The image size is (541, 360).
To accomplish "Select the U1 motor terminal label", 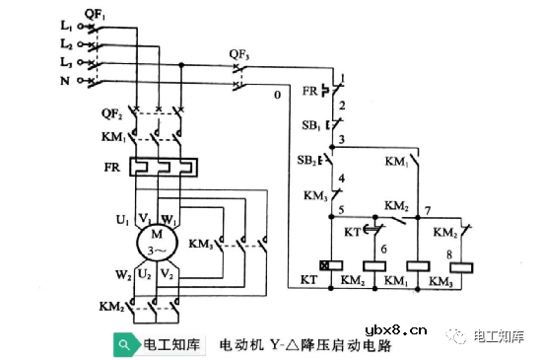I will (x=122, y=219).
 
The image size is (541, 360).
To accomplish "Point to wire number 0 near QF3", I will (x=278, y=96).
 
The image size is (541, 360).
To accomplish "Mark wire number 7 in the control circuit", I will (x=426, y=212).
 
